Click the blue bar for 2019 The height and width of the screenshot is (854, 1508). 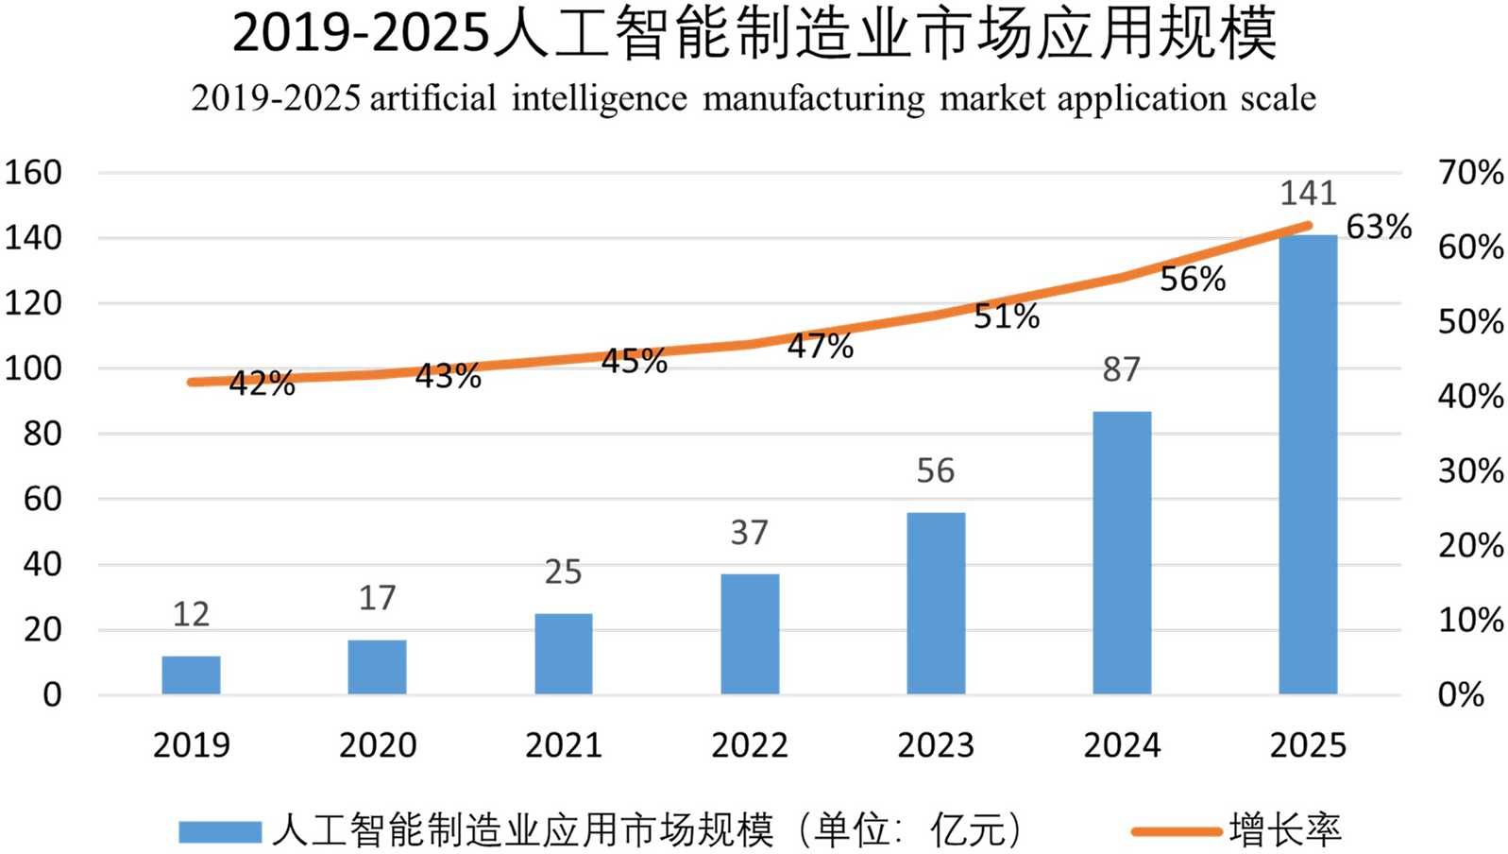click(191, 675)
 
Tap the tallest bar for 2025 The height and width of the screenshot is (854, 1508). click(1308, 464)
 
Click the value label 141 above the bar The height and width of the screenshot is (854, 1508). click(1308, 194)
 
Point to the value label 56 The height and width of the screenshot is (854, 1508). click(936, 470)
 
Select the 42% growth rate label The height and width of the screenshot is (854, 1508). click(262, 384)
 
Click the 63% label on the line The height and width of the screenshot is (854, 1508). click(1379, 227)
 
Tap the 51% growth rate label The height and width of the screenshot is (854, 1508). click(1007, 316)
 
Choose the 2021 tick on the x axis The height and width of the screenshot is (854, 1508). click(564, 745)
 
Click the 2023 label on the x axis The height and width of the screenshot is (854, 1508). click(936, 745)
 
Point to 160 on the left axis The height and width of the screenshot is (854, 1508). click(33, 173)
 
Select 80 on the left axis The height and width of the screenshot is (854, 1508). click(42, 434)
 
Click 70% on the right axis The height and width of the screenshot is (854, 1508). click(1470, 173)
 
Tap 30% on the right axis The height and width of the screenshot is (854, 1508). click(1470, 470)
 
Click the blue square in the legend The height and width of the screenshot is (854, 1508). click(220, 831)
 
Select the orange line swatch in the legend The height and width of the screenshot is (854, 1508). click(1177, 831)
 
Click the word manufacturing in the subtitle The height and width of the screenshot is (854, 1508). click(814, 99)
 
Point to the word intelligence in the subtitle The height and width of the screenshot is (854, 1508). click(600, 99)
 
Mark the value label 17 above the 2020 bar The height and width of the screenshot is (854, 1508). click(377, 598)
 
